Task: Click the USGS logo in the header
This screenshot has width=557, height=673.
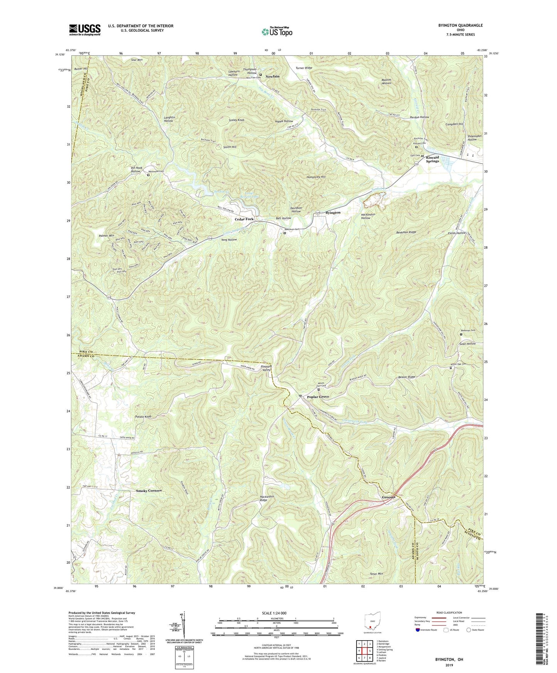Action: point(85,29)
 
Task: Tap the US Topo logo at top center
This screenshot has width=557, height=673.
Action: point(277,32)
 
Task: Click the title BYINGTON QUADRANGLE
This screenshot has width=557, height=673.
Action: point(460,25)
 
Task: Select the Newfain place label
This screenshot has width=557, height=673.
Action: point(272,76)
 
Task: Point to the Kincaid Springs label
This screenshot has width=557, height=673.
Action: point(432,159)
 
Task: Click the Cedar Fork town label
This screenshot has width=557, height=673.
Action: point(244,219)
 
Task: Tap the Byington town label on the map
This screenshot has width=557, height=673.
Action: point(333,213)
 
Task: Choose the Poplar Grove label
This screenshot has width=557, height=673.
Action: point(318,397)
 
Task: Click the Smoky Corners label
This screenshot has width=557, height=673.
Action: point(149,491)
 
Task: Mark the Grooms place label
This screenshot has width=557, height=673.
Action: point(389,497)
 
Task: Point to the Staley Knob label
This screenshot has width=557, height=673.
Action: point(236,120)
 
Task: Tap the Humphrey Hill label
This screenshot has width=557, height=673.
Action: point(316,177)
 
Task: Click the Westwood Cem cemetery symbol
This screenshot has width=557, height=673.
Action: point(148,175)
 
